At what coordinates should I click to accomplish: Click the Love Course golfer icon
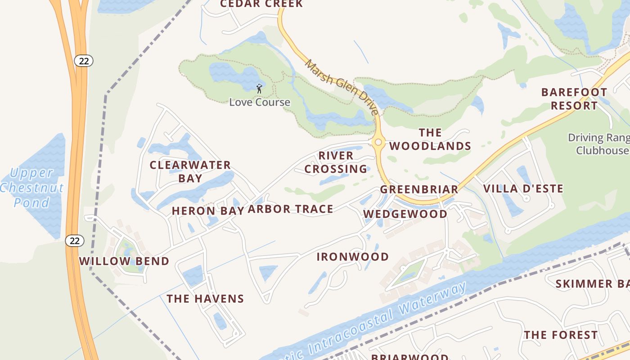[x=259, y=88]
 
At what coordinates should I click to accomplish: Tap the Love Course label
[x=260, y=102]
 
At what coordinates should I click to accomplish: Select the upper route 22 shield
[x=84, y=61]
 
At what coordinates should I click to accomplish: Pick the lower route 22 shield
[x=75, y=241]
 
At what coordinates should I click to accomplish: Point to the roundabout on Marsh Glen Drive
[x=378, y=142]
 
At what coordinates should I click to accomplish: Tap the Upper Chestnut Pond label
[x=31, y=188]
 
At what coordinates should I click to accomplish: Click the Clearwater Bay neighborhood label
[x=190, y=171]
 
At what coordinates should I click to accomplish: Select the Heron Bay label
[x=207, y=211]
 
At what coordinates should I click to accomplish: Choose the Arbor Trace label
[x=291, y=209]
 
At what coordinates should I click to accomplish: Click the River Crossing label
[x=336, y=162]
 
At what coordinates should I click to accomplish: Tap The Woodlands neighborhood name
[x=430, y=139]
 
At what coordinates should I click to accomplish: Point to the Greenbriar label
[x=419, y=189]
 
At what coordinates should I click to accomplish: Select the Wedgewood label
[x=405, y=214]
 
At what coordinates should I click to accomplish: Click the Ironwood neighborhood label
[x=353, y=257]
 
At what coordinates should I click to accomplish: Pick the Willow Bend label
[x=124, y=261]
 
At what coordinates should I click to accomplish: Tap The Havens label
[x=205, y=299]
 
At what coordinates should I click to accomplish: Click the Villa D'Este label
[x=523, y=189]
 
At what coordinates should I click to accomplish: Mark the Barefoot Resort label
[x=574, y=99]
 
